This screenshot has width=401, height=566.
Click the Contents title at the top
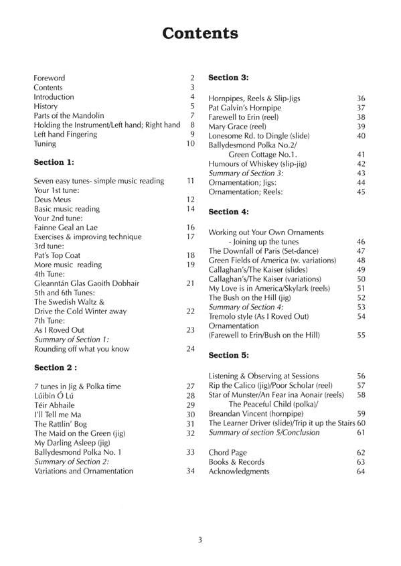(x=200, y=34)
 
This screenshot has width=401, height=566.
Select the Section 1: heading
(x=54, y=161)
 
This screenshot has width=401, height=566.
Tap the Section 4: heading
(x=229, y=212)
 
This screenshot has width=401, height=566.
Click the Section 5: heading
(x=229, y=355)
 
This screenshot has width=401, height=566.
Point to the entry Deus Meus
(x=52, y=200)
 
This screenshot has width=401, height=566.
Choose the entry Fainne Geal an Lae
(x=65, y=228)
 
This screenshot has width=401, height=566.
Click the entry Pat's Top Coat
(x=57, y=255)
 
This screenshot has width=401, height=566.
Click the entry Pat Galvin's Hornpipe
(x=244, y=107)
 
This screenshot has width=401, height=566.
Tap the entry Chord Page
(x=228, y=452)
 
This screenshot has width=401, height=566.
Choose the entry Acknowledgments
(x=239, y=471)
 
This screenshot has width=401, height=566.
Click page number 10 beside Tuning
(x=190, y=143)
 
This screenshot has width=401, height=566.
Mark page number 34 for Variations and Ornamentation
(x=190, y=471)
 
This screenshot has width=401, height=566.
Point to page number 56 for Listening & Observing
(x=361, y=376)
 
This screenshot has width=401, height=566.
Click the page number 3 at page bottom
(x=199, y=541)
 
